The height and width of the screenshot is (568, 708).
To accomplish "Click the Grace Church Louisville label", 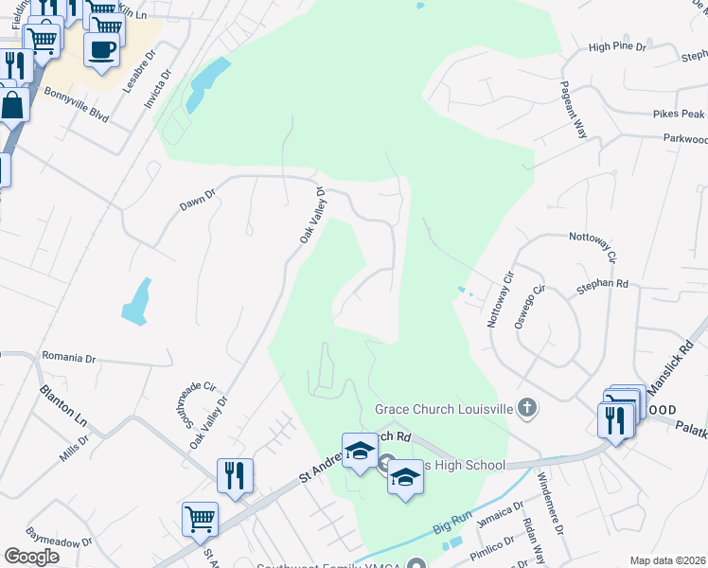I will [x=443, y=409].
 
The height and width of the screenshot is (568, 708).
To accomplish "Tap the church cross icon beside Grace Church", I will [x=528, y=409].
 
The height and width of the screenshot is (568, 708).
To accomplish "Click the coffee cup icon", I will [x=101, y=49].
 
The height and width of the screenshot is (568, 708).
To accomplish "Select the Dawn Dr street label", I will [x=198, y=196].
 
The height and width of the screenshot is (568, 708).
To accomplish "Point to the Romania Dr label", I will [x=70, y=360].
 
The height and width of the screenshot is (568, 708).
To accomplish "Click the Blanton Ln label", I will [x=62, y=403].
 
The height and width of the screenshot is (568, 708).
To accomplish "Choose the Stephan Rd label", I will [x=609, y=283].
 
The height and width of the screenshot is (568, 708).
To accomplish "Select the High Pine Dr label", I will [x=616, y=45].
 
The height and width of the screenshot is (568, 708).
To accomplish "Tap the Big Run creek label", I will [x=452, y=523].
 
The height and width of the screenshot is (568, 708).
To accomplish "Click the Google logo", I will [x=32, y=557].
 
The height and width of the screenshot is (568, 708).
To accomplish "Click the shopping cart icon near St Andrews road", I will [x=201, y=519].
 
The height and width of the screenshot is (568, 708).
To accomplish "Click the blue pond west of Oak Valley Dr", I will [x=137, y=300].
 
